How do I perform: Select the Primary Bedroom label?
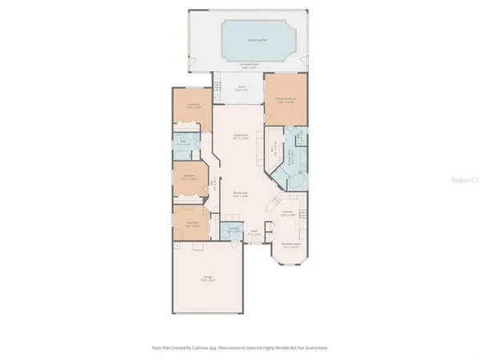(286, 100)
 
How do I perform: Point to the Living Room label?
(238, 137)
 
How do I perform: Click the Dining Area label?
(239, 194)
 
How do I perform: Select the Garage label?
(207, 279)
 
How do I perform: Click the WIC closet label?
(274, 148)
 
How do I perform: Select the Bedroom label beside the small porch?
(193, 105)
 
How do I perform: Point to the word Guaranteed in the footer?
(314, 348)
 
